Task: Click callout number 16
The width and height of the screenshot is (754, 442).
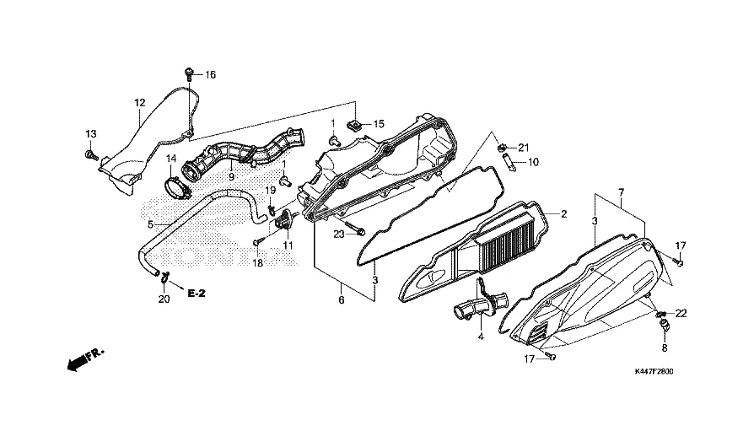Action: click(x=210, y=75)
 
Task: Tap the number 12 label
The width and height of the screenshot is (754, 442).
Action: click(x=140, y=103)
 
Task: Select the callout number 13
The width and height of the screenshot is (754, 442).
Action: click(x=91, y=135)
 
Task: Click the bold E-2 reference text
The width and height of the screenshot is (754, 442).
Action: click(x=196, y=293)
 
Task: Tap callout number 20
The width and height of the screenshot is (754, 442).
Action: click(x=164, y=299)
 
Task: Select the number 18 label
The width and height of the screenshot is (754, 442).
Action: click(x=257, y=263)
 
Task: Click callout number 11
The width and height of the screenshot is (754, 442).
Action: click(x=287, y=245)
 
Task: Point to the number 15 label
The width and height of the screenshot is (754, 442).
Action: click(x=378, y=124)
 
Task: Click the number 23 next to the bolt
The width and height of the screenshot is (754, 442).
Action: click(x=338, y=234)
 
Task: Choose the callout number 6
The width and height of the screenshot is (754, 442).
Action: click(x=342, y=299)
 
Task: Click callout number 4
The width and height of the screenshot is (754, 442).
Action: click(x=482, y=337)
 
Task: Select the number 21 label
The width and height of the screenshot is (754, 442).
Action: click(x=523, y=147)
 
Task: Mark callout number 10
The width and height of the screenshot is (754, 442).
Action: click(x=533, y=162)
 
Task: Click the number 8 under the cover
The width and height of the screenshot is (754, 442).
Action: click(x=664, y=347)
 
